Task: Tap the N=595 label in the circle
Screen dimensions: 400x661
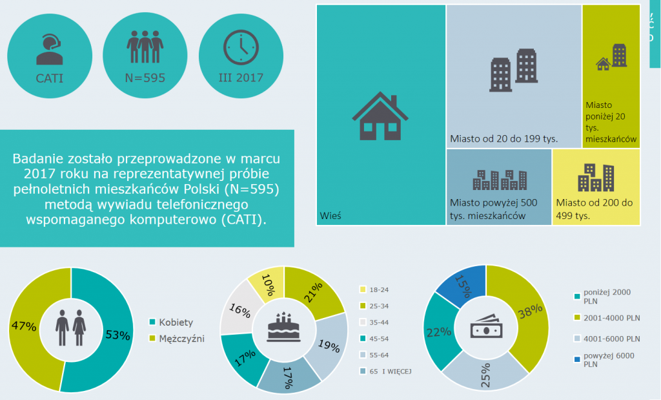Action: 145,78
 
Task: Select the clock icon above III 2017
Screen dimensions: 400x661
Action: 240,47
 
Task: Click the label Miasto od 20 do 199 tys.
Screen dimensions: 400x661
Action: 503,138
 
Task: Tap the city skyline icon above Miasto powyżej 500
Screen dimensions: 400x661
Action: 499,180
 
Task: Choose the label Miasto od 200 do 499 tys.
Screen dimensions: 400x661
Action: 594,209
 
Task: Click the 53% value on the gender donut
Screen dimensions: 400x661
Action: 117,335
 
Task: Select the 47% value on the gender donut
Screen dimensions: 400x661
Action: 23,326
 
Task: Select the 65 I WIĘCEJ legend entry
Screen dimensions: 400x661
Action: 390,371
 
